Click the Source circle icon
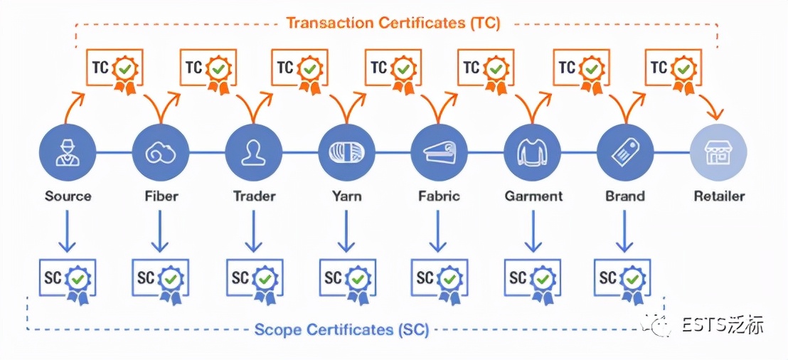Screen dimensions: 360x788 point(68,152)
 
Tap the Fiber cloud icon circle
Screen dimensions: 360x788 point(161,152)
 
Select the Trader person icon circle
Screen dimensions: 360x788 point(253,152)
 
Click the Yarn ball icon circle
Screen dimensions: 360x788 point(346,152)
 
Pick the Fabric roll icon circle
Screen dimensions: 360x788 point(439,152)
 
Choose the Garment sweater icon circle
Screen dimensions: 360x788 point(532,152)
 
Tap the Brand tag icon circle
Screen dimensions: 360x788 point(625,152)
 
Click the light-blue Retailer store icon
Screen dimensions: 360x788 point(718,152)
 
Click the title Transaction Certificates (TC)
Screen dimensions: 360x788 point(393,23)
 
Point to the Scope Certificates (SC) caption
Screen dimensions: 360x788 point(341,330)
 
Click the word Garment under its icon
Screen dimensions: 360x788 point(533,196)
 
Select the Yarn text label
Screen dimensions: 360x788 point(346,196)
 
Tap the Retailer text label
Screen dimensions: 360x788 point(719,196)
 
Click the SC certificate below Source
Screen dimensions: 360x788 point(68,280)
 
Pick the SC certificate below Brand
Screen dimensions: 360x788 point(622,280)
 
